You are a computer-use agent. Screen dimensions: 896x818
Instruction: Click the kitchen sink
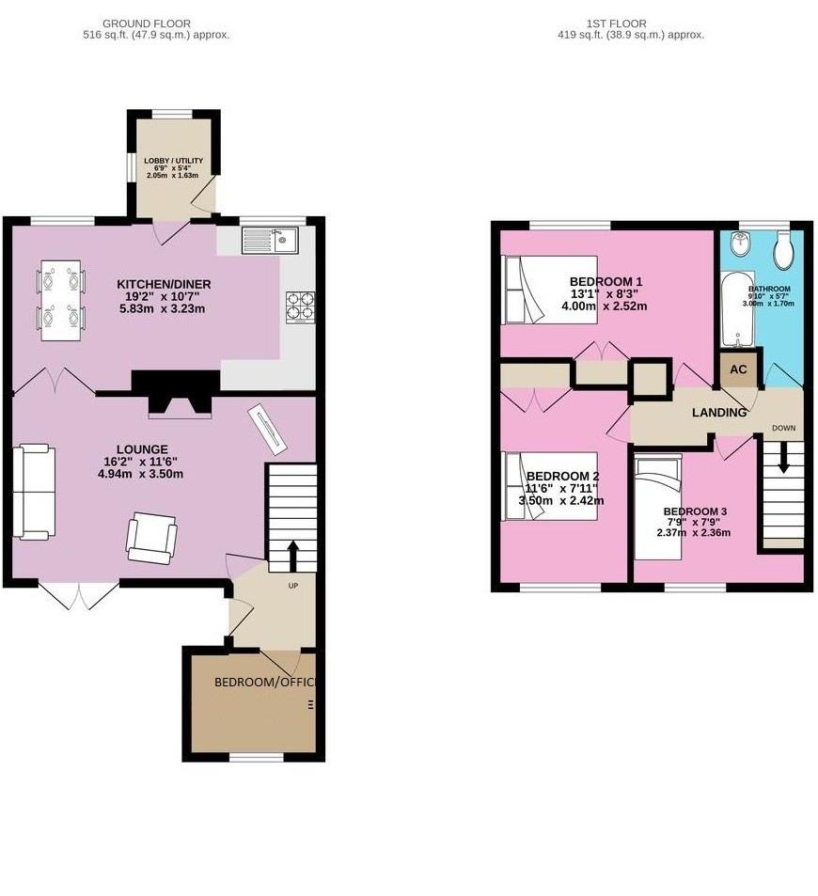(x=269, y=241)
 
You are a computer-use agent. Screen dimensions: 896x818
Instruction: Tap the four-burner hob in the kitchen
(x=300, y=307)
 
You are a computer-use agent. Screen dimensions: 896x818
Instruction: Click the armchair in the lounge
(x=151, y=537)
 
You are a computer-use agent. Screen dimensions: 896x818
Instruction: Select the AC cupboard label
(x=738, y=369)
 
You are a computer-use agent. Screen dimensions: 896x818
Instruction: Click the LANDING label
(x=719, y=413)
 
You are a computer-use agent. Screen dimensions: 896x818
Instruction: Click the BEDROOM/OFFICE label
(x=264, y=682)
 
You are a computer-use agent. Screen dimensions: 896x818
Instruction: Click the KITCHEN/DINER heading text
(x=164, y=284)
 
